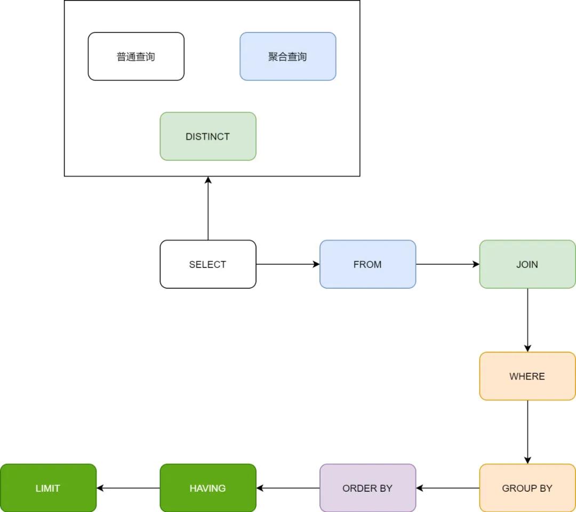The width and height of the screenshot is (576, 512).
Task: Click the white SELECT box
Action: (x=208, y=264)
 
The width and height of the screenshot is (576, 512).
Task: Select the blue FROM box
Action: (x=367, y=264)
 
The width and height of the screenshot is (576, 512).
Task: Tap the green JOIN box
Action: (x=527, y=264)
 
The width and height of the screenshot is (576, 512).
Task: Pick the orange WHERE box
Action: (x=527, y=376)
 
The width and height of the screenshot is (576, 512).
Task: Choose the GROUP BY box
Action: (x=527, y=488)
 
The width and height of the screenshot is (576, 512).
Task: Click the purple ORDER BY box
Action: (x=367, y=488)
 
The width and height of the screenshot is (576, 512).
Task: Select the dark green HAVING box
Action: (x=208, y=488)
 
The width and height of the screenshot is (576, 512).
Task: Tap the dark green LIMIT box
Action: (x=48, y=488)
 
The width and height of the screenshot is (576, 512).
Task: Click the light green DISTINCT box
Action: (x=208, y=136)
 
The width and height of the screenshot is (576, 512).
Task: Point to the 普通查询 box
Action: (x=136, y=56)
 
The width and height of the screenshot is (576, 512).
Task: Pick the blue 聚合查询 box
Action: (x=287, y=56)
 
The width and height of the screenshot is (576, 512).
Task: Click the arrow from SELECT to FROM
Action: (x=287, y=264)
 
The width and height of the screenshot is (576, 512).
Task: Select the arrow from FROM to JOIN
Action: (x=447, y=264)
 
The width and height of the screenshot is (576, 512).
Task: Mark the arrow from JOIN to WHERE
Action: (x=527, y=320)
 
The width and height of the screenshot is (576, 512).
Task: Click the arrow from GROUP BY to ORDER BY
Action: (x=447, y=488)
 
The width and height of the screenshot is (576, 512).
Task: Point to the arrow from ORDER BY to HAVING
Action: (x=288, y=488)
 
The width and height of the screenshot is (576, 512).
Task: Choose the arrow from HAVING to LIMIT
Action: (x=129, y=488)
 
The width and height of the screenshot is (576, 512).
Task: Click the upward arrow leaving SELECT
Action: (x=208, y=208)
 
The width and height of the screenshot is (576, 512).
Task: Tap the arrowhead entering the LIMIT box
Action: (x=100, y=488)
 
